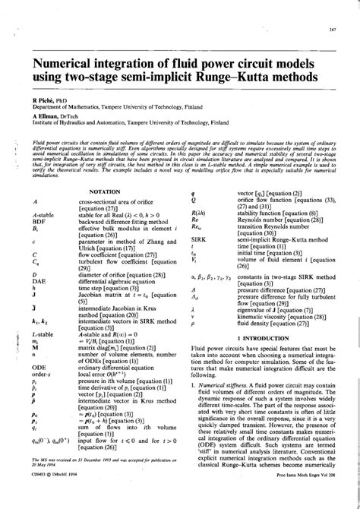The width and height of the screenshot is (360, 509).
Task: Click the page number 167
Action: click(332, 30)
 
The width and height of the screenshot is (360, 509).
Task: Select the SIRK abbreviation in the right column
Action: click(200, 239)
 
